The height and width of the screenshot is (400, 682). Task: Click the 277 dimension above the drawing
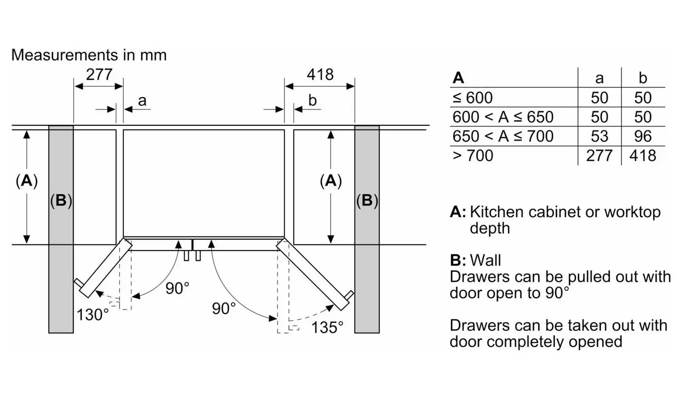pos(99,74)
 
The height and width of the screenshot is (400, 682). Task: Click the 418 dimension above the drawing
pos(320,74)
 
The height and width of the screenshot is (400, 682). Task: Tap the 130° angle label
pos(93,315)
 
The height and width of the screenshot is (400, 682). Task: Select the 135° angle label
pos(327,327)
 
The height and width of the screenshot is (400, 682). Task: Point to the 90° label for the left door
pos(177,288)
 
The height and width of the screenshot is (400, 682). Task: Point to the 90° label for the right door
pos(224,309)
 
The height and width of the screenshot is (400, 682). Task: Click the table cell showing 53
pos(599,136)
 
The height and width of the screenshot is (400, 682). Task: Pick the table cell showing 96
pos(643,136)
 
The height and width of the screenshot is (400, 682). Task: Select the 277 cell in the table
pos(599,155)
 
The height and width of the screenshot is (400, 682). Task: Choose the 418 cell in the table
pos(643,155)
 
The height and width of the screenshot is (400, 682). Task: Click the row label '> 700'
pos(473,155)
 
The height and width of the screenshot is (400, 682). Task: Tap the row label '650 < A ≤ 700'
pos(503,136)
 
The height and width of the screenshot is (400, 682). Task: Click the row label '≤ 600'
pos(473,98)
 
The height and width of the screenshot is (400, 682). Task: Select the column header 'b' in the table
pos(643,78)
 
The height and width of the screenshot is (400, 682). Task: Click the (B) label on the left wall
pos(61,200)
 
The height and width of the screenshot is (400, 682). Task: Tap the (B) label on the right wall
pos(367,200)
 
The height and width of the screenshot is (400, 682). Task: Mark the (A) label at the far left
pos(27,181)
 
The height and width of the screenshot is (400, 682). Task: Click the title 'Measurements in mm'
pos(89,55)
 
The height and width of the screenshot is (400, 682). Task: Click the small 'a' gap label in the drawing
pos(142,100)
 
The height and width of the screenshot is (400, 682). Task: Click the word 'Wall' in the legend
pos(486,260)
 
